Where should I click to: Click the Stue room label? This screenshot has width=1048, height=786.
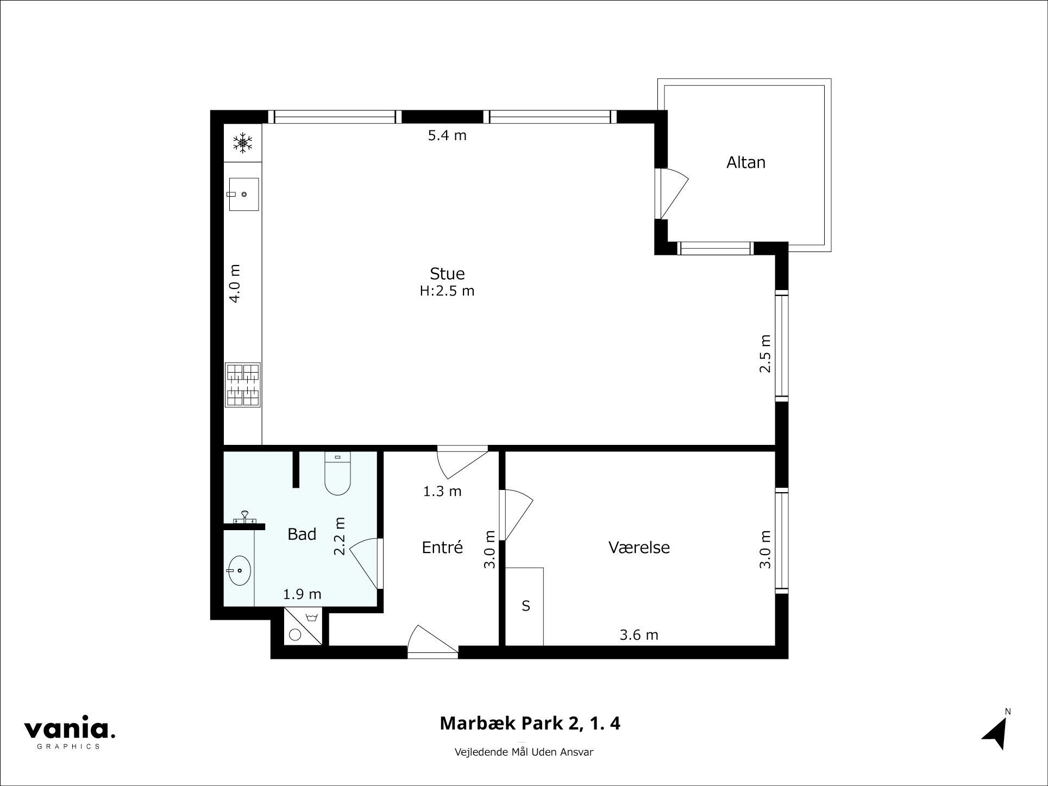447,273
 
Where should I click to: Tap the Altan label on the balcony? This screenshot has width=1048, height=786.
745,162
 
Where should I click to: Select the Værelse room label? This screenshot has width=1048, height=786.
639,547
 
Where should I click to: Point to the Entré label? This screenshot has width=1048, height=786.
442,546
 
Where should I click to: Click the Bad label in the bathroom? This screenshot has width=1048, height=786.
302,535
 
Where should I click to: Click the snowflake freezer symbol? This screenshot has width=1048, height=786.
243,143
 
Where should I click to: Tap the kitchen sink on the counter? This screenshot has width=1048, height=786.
243,194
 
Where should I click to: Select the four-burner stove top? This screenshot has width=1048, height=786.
242,385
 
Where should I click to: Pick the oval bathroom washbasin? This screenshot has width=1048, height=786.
239,571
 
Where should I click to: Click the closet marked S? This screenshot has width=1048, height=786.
525,606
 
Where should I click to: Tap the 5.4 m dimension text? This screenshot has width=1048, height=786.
447,135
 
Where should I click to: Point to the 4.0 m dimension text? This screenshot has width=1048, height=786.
234,283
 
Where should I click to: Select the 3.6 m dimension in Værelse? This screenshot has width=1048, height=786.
639,634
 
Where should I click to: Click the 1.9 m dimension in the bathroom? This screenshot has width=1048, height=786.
302,594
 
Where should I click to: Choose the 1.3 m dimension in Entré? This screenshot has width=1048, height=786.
442,492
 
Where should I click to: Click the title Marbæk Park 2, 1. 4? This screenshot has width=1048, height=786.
530,724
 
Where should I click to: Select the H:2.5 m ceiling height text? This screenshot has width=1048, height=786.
447,291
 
